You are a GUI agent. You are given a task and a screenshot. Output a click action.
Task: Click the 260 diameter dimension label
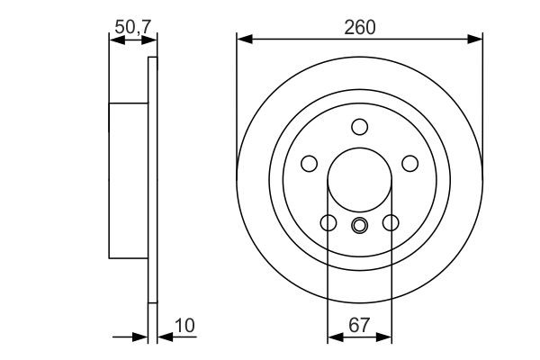pos(359,27)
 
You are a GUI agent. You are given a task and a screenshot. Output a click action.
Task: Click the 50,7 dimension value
pos(131,28)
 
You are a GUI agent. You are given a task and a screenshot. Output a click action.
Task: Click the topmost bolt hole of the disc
pos(360,126)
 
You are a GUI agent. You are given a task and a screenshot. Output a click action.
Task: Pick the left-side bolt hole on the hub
pos(309,163)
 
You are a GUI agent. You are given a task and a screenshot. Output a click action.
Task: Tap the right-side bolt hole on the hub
pos(410,163)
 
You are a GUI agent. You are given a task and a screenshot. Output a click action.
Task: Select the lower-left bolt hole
pos(328,222)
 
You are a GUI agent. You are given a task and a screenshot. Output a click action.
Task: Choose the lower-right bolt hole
pos(391,222)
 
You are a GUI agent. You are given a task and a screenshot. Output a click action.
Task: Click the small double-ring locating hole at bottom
pos(360,225)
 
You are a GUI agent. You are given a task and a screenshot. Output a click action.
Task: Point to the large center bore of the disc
pos(360,180)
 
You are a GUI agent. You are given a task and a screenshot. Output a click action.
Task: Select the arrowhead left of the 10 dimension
pos(140,337)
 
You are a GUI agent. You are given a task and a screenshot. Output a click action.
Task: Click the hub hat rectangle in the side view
pos(128,180)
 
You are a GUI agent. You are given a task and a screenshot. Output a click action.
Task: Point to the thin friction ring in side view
pos(152,180)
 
